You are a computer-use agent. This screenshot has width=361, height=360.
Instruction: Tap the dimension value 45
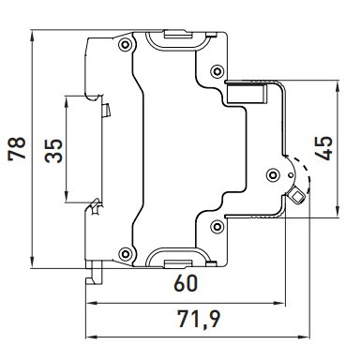point(323,148)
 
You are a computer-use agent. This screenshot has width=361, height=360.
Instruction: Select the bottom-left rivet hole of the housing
point(125,250)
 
